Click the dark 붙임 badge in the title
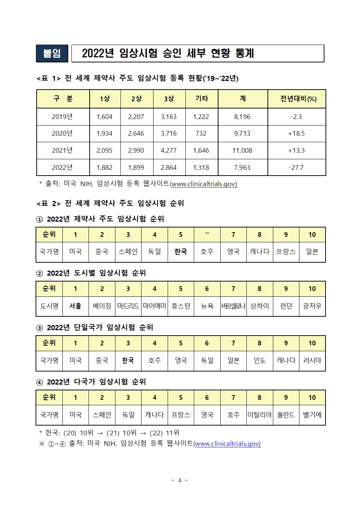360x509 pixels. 52,54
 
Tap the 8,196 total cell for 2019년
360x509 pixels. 242,117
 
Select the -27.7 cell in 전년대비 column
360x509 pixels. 296,168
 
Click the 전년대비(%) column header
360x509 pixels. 298,99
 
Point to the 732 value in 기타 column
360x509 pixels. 201,134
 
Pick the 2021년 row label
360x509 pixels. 62,151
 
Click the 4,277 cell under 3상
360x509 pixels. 169,151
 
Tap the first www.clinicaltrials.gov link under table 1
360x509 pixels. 204,184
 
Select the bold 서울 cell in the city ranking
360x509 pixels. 75,306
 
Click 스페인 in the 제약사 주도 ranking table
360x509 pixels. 128,251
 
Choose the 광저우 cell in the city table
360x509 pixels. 312,306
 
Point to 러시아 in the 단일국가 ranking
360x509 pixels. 312,361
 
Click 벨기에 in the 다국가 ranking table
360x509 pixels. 312,415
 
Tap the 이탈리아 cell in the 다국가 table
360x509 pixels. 259,415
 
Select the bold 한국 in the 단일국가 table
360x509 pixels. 128,361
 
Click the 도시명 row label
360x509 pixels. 49,306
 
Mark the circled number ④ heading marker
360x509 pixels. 40,382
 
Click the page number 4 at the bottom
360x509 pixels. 180,480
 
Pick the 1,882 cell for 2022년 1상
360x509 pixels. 105,168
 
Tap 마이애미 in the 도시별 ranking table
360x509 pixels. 154,306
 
